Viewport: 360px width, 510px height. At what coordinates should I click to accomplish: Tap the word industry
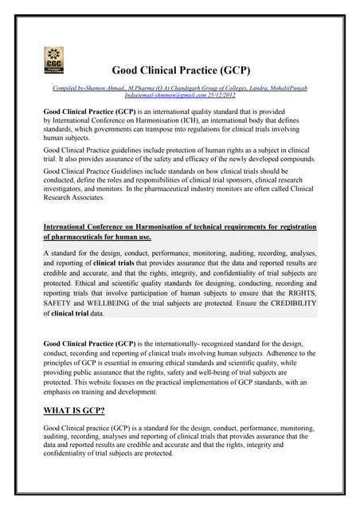[229, 190]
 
